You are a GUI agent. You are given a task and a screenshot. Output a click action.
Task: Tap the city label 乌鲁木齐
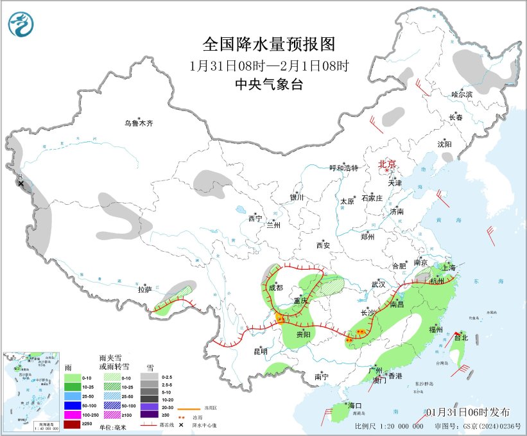click(x=139, y=123)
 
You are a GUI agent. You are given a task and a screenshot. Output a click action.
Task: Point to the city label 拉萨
click(x=144, y=290)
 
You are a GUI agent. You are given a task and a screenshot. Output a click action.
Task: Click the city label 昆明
click(x=260, y=351)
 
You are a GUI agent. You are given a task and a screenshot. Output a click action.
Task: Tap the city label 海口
click(x=355, y=405)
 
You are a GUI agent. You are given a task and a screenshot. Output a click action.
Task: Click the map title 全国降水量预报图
click(x=269, y=44)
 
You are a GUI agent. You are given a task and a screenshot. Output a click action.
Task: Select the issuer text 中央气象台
click(x=268, y=84)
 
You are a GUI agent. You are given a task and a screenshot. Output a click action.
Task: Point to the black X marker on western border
click(x=21, y=184)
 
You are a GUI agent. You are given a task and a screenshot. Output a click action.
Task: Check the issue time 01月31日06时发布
click(x=468, y=412)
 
